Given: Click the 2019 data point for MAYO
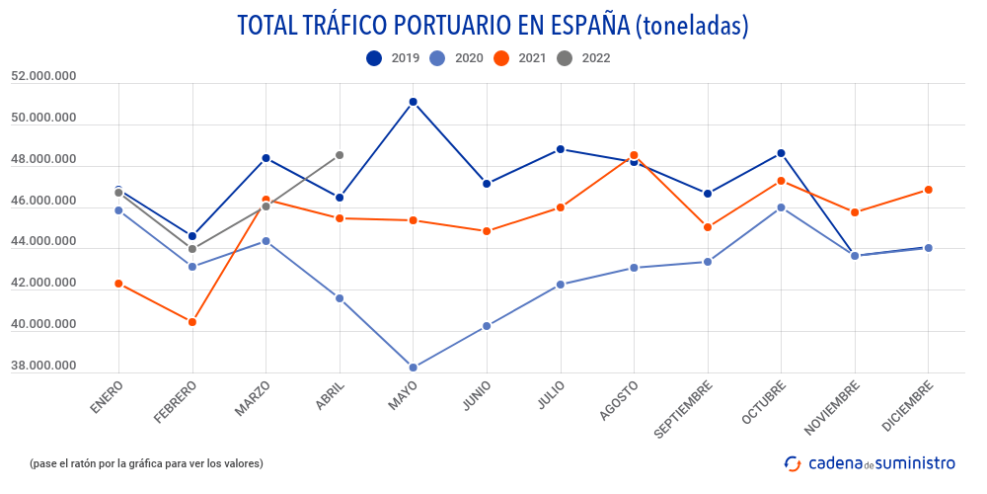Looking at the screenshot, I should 414,102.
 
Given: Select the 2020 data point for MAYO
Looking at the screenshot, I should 414,368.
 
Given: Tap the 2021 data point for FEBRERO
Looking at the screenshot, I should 192,322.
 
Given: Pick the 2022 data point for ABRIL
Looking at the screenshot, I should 340,155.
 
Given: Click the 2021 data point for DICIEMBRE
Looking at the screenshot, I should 929,190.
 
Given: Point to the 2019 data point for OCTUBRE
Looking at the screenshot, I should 782,153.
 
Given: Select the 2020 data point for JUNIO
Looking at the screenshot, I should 487,326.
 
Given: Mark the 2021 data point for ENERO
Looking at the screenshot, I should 118,284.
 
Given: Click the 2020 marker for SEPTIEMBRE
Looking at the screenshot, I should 708,262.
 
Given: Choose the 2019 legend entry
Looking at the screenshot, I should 393,58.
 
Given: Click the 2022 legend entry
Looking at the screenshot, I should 583,58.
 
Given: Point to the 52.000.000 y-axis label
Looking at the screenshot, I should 43,77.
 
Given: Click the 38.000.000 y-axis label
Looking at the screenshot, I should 43,367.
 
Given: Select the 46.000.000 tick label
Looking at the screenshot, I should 43,202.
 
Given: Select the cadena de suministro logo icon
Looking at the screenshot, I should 792,462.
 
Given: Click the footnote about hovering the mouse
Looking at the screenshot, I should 147,463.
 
